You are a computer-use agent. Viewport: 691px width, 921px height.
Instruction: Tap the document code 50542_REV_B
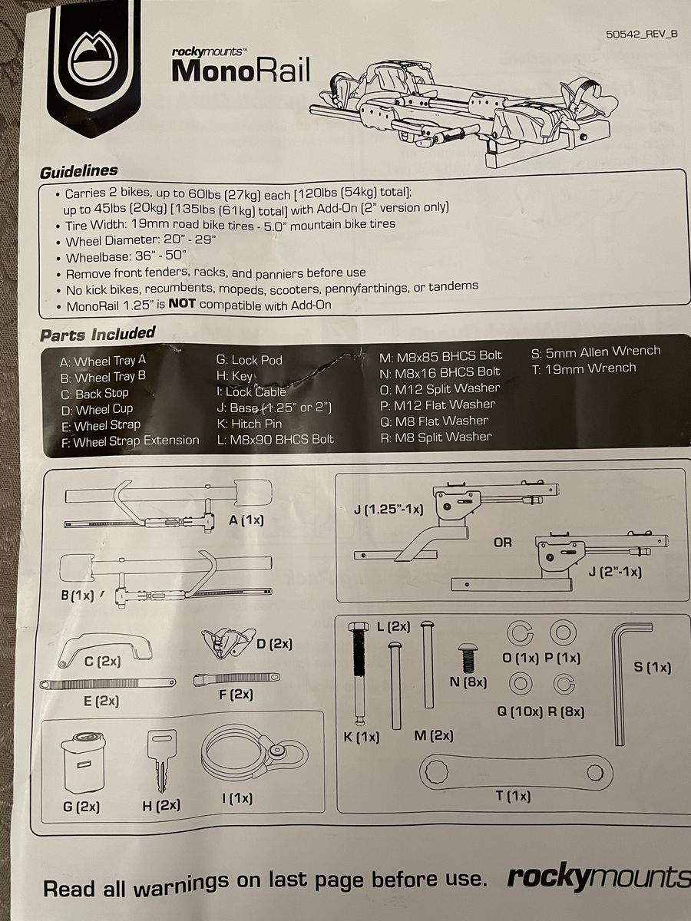click(643, 34)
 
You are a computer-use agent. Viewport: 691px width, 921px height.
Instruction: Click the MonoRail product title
click(241, 70)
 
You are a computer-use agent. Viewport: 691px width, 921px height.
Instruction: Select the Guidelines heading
click(78, 170)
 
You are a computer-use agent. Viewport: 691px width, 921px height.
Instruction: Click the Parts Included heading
click(98, 335)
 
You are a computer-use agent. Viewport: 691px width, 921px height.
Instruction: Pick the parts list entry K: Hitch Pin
click(250, 424)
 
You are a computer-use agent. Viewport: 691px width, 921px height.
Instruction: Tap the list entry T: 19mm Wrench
click(584, 368)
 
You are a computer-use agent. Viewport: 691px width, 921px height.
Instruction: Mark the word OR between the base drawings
click(503, 542)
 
